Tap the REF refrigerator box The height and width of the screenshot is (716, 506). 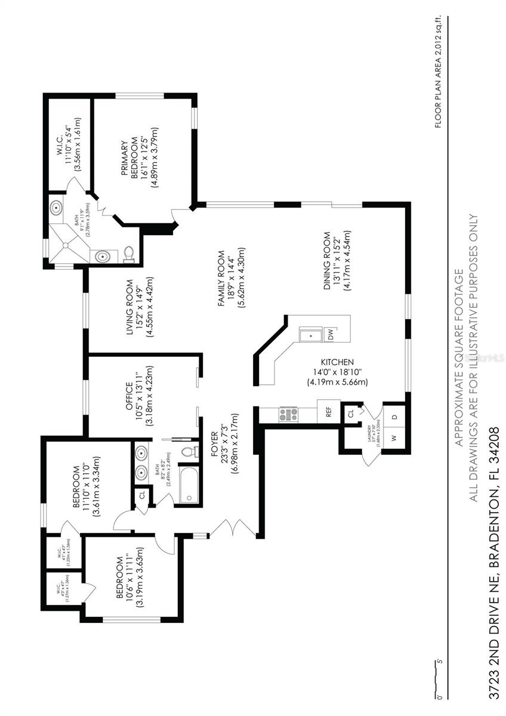point(328,411)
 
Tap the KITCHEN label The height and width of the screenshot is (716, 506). point(338,362)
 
